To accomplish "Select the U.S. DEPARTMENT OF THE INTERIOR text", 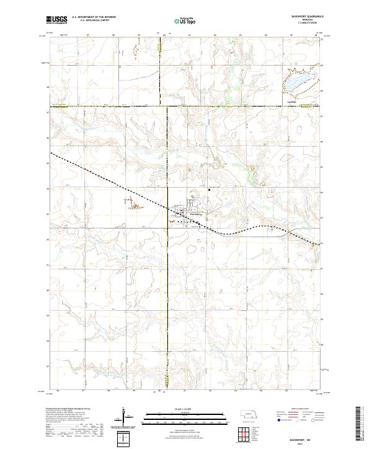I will pos(94,17).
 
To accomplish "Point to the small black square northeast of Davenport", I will pos(210,189).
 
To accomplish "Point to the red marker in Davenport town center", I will pos(182,214).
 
